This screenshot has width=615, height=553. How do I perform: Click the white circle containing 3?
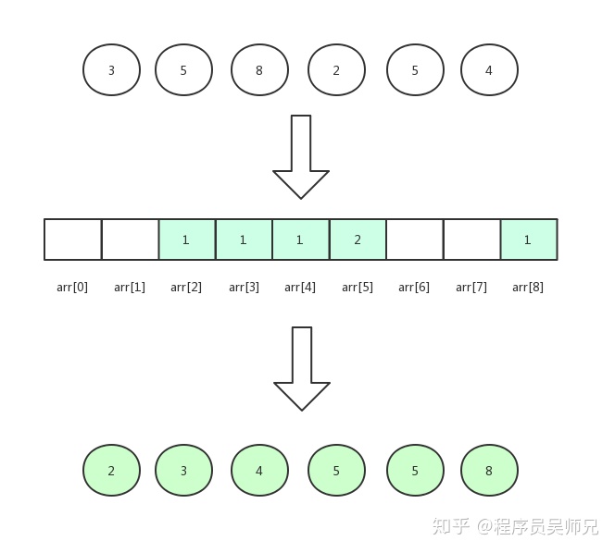click(111, 69)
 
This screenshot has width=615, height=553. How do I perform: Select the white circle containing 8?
click(259, 69)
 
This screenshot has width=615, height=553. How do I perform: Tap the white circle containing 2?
click(336, 69)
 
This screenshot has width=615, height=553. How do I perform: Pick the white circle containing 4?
click(489, 69)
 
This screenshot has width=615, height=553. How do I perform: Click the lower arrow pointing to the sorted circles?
click(302, 367)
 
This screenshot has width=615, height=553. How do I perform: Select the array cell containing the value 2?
click(358, 240)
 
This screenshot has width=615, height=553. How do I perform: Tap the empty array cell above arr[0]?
click(72, 240)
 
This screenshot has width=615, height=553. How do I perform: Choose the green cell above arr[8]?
click(528, 240)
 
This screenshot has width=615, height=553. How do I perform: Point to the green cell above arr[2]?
click(186, 240)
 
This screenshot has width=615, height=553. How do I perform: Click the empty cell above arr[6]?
click(414, 240)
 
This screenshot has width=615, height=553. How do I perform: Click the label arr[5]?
click(358, 287)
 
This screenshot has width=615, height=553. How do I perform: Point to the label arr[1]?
click(130, 287)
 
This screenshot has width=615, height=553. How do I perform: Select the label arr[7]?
click(471, 287)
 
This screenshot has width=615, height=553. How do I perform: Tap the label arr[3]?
click(244, 287)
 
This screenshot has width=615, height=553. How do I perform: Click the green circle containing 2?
click(111, 471)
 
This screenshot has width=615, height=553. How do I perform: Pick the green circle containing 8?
click(489, 471)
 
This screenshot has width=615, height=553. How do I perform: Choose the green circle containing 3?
click(183, 471)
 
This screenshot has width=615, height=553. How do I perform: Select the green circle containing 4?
click(259, 471)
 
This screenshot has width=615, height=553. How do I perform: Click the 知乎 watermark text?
click(451, 526)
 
